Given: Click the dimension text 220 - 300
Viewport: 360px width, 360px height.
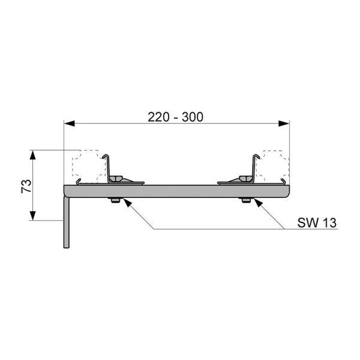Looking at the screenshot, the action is click(175, 117).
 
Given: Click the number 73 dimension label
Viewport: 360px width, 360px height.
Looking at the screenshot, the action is click(26, 186).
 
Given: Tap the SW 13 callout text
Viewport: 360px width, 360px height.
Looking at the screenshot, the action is click(317, 223).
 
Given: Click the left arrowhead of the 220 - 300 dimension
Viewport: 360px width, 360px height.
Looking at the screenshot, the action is click(70, 124).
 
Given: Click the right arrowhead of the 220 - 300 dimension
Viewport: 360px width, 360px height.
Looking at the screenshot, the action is click(284, 124).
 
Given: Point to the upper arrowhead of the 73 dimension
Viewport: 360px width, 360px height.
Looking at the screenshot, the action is click(33, 155).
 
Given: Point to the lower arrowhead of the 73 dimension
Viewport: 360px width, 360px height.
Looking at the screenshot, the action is click(33, 215).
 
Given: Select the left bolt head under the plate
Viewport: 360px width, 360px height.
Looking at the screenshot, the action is click(115, 200).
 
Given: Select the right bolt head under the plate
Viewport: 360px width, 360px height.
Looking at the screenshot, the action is click(246, 200).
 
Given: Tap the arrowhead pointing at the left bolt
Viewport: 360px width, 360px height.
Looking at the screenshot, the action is click(127, 202).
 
